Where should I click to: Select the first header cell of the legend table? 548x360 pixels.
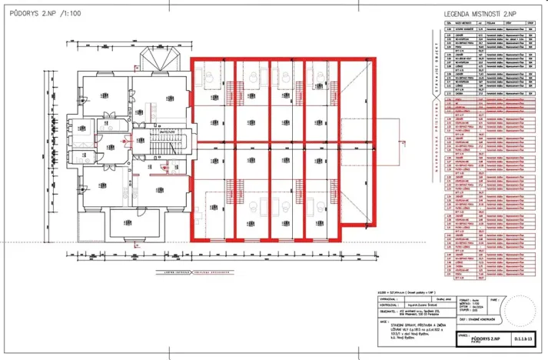(449, 25)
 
